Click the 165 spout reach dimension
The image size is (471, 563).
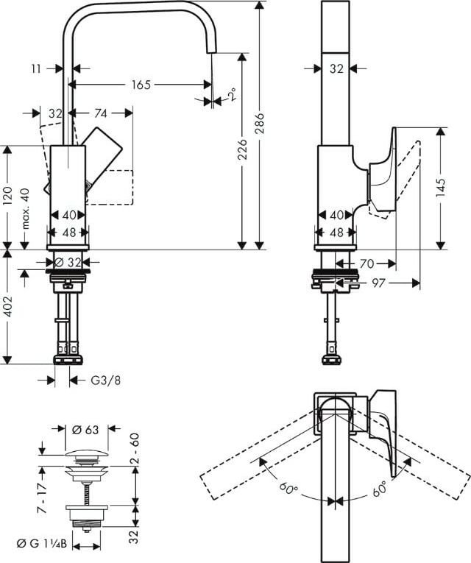click(x=141, y=85)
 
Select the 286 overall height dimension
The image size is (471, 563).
click(x=259, y=123)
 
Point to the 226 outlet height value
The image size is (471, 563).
click(x=243, y=149)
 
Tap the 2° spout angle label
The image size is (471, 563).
click(x=233, y=94)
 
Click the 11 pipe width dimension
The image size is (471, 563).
click(x=36, y=68)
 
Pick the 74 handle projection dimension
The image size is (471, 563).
click(x=101, y=113)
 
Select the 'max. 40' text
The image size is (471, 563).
click(x=26, y=208)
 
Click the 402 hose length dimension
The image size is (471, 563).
click(x=7, y=306)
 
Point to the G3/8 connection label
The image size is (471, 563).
click(x=105, y=380)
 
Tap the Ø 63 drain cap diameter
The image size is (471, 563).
click(x=85, y=430)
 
